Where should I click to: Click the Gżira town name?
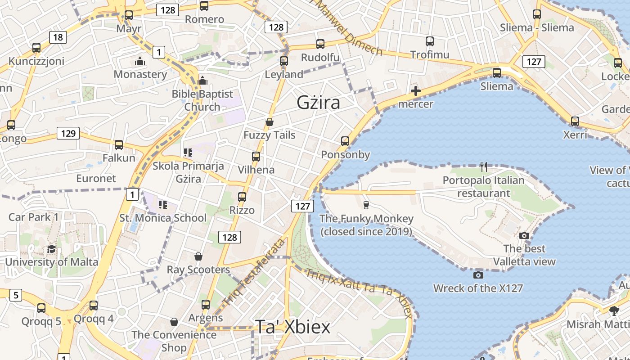coord(318,103)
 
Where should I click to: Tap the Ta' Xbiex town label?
coord(292,327)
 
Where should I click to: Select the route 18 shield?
coord(58,37)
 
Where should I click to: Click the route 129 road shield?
coord(68,133)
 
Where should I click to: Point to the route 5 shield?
coord(16,295)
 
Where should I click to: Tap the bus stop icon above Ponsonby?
coord(345,141)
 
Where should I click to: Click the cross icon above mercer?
coord(416,91)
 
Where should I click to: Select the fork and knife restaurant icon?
coord(484,167)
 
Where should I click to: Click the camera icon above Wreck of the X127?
coord(478,275)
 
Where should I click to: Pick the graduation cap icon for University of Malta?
coord(51,249)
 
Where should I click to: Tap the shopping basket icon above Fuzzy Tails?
coord(269,122)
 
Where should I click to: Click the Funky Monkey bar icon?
coord(366,205)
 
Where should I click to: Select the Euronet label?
coord(96,178)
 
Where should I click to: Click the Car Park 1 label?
coord(34,217)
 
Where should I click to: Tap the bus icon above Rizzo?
coord(242,197)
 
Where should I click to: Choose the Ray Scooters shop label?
coord(198,270)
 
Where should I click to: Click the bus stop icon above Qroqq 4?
coord(94,306)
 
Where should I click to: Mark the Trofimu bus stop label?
coord(430,55)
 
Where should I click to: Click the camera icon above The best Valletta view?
coord(524,236)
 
